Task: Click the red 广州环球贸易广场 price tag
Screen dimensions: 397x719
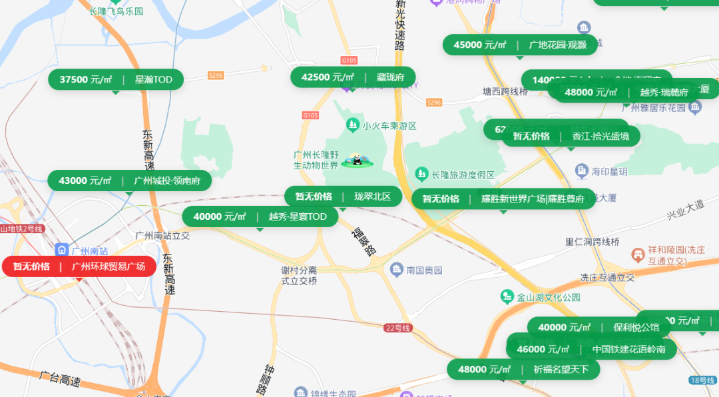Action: tap(79, 266)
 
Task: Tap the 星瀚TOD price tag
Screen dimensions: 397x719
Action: tap(115, 80)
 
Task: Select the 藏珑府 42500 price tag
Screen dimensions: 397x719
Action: tap(352, 77)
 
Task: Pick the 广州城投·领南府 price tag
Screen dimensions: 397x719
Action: tap(129, 181)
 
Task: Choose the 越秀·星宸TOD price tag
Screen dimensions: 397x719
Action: tap(260, 216)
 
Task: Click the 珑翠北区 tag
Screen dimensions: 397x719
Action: tap(343, 197)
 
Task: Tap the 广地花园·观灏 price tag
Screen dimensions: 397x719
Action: tap(520, 45)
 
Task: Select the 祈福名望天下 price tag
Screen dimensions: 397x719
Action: tap(523, 369)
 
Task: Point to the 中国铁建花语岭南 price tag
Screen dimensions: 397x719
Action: tap(591, 349)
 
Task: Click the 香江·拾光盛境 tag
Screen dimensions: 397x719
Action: tap(571, 137)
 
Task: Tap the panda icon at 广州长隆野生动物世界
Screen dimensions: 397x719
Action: tap(356, 160)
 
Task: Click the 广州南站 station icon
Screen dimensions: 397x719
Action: tap(62, 250)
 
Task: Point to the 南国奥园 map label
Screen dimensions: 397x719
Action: tap(423, 270)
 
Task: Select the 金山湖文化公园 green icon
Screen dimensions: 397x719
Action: tap(507, 296)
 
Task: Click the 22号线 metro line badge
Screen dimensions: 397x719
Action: tap(398, 328)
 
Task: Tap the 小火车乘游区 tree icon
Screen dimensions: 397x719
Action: tap(352, 125)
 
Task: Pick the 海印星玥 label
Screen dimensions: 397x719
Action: tap(608, 171)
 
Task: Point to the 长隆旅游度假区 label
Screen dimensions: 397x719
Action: tap(463, 175)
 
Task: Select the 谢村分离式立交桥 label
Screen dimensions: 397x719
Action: tap(298, 276)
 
